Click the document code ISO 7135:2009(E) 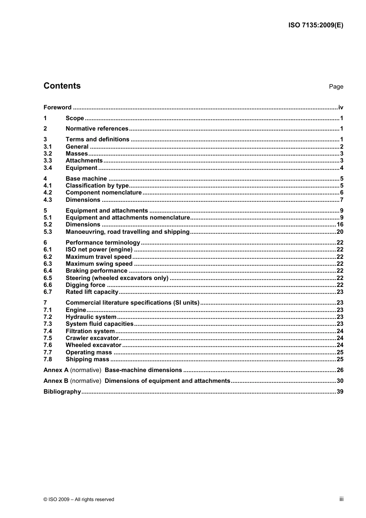(316, 25)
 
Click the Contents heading (62, 86)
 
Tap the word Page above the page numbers (336, 87)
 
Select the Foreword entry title (57, 107)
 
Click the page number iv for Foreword (340, 107)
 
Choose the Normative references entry (97, 129)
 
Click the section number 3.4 (47, 168)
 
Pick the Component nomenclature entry (104, 193)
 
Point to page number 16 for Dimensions (339, 225)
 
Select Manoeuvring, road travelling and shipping (128, 232)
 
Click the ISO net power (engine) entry (99, 250)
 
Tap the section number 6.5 (47, 278)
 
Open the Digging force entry (85, 285)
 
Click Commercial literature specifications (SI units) (133, 303)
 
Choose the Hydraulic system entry (91, 317)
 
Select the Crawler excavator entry (92, 338)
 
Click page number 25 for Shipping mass (339, 359)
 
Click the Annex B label (56, 381)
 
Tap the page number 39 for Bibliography (339, 392)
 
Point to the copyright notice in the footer (79, 500)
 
